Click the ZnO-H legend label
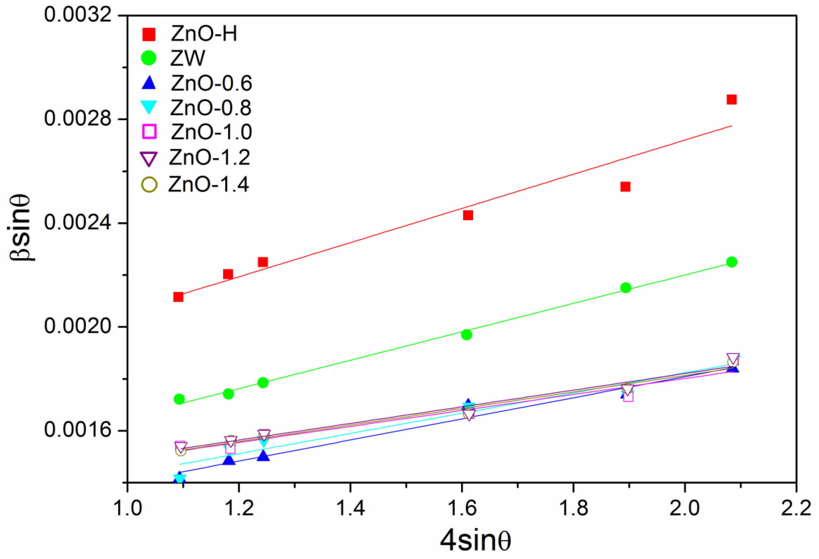[x=204, y=34]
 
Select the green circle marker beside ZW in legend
[x=149, y=58]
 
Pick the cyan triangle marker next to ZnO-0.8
[x=149, y=107]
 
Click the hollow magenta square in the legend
[x=149, y=132]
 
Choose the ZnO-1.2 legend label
[x=210, y=157]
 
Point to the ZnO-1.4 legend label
[x=209, y=184]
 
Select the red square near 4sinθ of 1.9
[x=625, y=187]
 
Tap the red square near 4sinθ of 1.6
[x=468, y=215]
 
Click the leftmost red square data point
[x=178, y=297]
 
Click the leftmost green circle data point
[x=179, y=399]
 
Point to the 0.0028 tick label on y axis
[x=77, y=119]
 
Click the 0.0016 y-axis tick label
[x=77, y=430]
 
